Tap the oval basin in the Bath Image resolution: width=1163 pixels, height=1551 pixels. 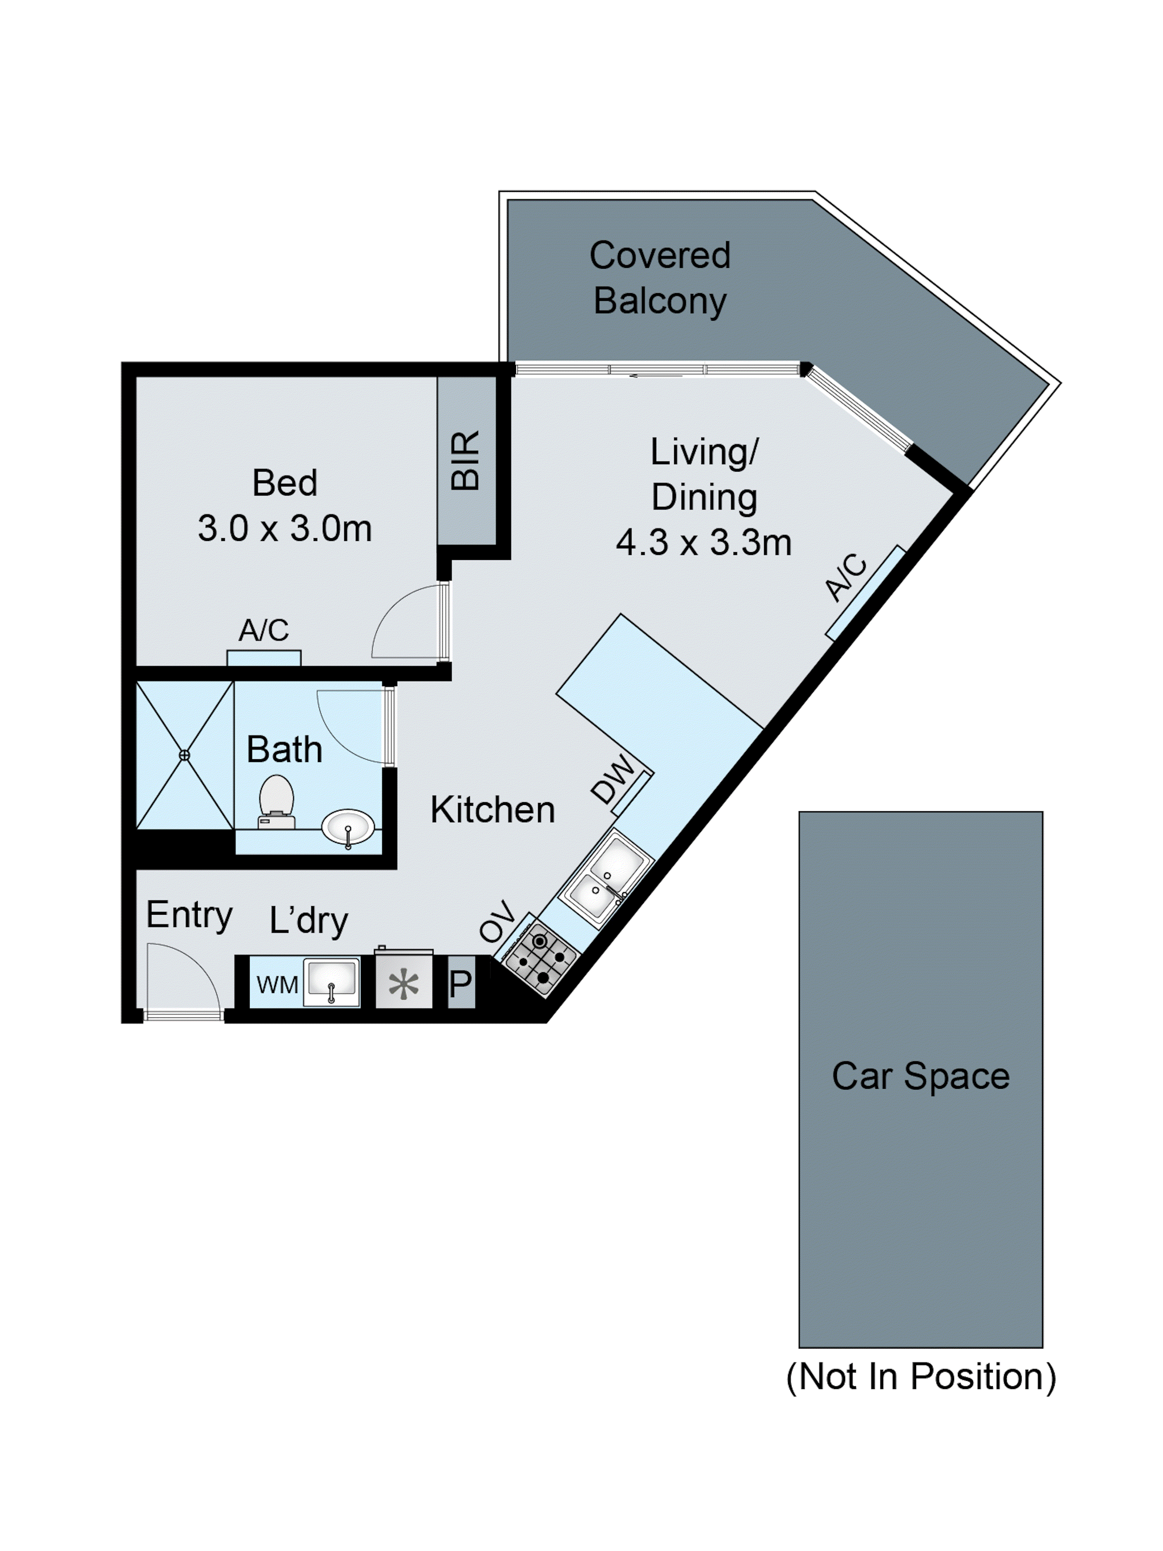348,827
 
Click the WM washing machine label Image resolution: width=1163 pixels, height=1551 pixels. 277,984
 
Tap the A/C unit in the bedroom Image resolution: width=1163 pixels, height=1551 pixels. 264,658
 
